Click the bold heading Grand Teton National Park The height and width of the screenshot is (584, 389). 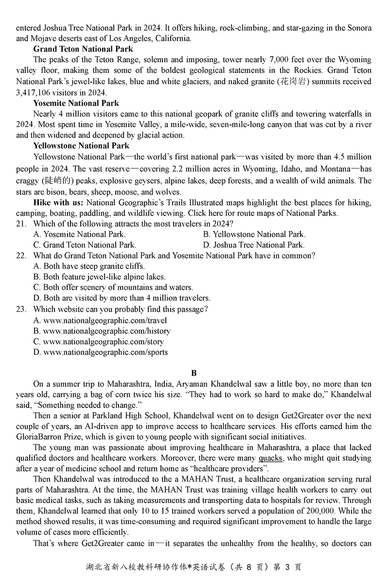[x=83, y=49]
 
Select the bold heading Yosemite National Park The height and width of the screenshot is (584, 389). [x=76, y=103]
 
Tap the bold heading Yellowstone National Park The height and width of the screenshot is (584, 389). [x=81, y=146]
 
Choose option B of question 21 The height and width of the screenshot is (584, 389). [x=254, y=234]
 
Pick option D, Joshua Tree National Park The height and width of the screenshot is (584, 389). [x=254, y=245]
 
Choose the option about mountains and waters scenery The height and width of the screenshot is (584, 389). [x=113, y=287]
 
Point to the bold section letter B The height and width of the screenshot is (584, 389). [x=194, y=373]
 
